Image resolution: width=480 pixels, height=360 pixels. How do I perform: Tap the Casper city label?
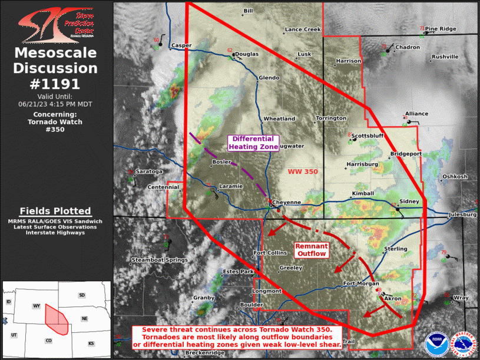point(181,46)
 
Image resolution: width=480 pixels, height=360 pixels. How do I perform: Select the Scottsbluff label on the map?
point(369,136)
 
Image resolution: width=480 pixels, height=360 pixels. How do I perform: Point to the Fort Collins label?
point(270,253)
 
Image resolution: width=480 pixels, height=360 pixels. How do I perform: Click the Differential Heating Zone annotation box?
point(253,143)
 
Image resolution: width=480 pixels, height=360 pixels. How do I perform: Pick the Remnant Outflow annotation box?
point(310,249)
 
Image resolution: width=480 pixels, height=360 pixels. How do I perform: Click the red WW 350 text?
point(303,171)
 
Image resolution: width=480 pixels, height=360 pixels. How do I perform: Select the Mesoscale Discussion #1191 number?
point(55,84)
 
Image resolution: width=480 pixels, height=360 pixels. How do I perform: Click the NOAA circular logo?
point(436,341)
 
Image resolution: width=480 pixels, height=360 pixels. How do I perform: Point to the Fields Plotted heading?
point(55,211)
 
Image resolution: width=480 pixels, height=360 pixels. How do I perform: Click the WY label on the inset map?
point(37,307)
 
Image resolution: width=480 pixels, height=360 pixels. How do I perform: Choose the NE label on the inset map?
point(84,319)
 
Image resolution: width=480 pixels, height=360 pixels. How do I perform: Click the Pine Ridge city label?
point(441,28)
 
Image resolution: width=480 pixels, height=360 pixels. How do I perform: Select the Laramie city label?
point(231,186)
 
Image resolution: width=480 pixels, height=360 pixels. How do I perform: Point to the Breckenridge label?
point(205,353)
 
